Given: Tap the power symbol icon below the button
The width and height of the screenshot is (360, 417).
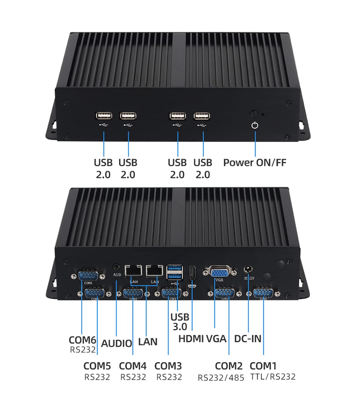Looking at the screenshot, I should click(x=255, y=125).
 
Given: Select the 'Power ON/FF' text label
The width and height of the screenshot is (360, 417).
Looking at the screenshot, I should click(x=255, y=163).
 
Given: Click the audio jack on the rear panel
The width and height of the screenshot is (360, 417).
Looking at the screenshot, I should click(x=116, y=268).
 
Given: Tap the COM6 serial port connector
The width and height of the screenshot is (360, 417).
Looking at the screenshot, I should click(x=88, y=276).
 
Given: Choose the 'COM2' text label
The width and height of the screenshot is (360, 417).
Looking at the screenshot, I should click(x=229, y=366).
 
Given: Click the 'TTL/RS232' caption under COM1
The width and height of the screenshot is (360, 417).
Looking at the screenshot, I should click(x=273, y=377).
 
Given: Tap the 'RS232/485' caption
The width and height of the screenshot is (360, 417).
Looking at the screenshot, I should click(x=221, y=378).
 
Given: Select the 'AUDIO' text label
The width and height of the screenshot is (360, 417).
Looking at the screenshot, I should click(x=117, y=343).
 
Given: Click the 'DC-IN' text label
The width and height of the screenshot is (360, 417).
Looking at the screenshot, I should click(x=248, y=339).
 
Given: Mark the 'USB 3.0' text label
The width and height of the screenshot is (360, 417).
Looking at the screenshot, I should click(x=180, y=322).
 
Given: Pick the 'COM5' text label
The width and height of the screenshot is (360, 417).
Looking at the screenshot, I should click(x=97, y=366).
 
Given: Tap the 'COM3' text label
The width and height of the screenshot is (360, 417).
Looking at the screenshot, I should click(x=168, y=366).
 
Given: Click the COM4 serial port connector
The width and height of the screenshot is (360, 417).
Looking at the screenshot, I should click(x=133, y=293).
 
